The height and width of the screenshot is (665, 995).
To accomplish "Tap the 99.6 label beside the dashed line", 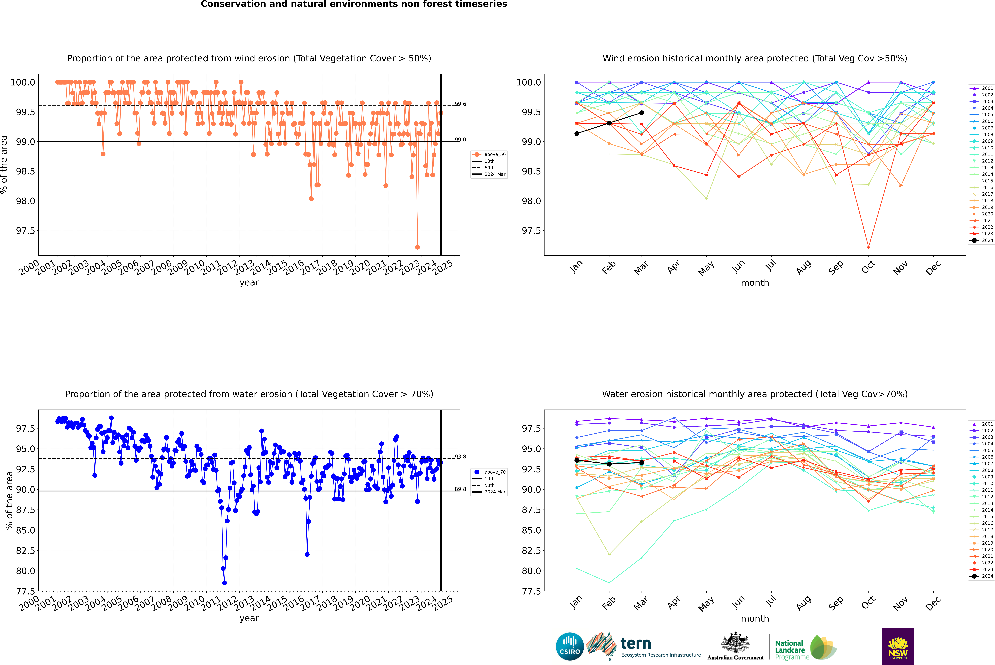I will [x=460, y=104].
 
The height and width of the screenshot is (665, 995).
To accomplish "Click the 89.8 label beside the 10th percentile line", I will [x=460, y=489].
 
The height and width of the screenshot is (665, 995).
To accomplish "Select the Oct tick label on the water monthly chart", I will [x=868, y=602].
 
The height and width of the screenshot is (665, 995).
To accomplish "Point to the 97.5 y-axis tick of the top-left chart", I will [x=25, y=231].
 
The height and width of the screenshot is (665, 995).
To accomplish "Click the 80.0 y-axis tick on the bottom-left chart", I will [x=25, y=571].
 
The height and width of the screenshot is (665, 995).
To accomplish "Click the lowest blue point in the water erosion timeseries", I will [x=224, y=583].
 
